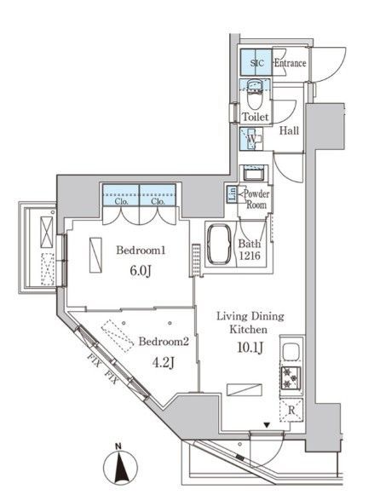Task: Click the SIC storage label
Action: click(256, 63)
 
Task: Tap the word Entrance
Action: click(290, 63)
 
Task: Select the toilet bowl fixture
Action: click(256, 100)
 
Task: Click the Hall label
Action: click(289, 130)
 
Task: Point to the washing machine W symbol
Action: click(251, 139)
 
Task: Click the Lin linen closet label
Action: click(233, 194)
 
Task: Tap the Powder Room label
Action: click(256, 199)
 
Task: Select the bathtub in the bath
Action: click(220, 244)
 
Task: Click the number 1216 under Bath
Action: click(250, 256)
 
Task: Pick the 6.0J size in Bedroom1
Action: click(141, 272)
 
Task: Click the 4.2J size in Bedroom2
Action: click(164, 363)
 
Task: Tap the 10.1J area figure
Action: click(250, 348)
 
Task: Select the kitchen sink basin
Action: click(291, 351)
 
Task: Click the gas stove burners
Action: click(291, 377)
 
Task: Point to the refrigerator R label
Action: click(291, 411)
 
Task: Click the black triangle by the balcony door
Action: click(267, 425)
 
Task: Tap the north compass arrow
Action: click(121, 467)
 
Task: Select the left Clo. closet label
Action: click(121, 202)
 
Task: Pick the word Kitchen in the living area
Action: click(249, 330)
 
